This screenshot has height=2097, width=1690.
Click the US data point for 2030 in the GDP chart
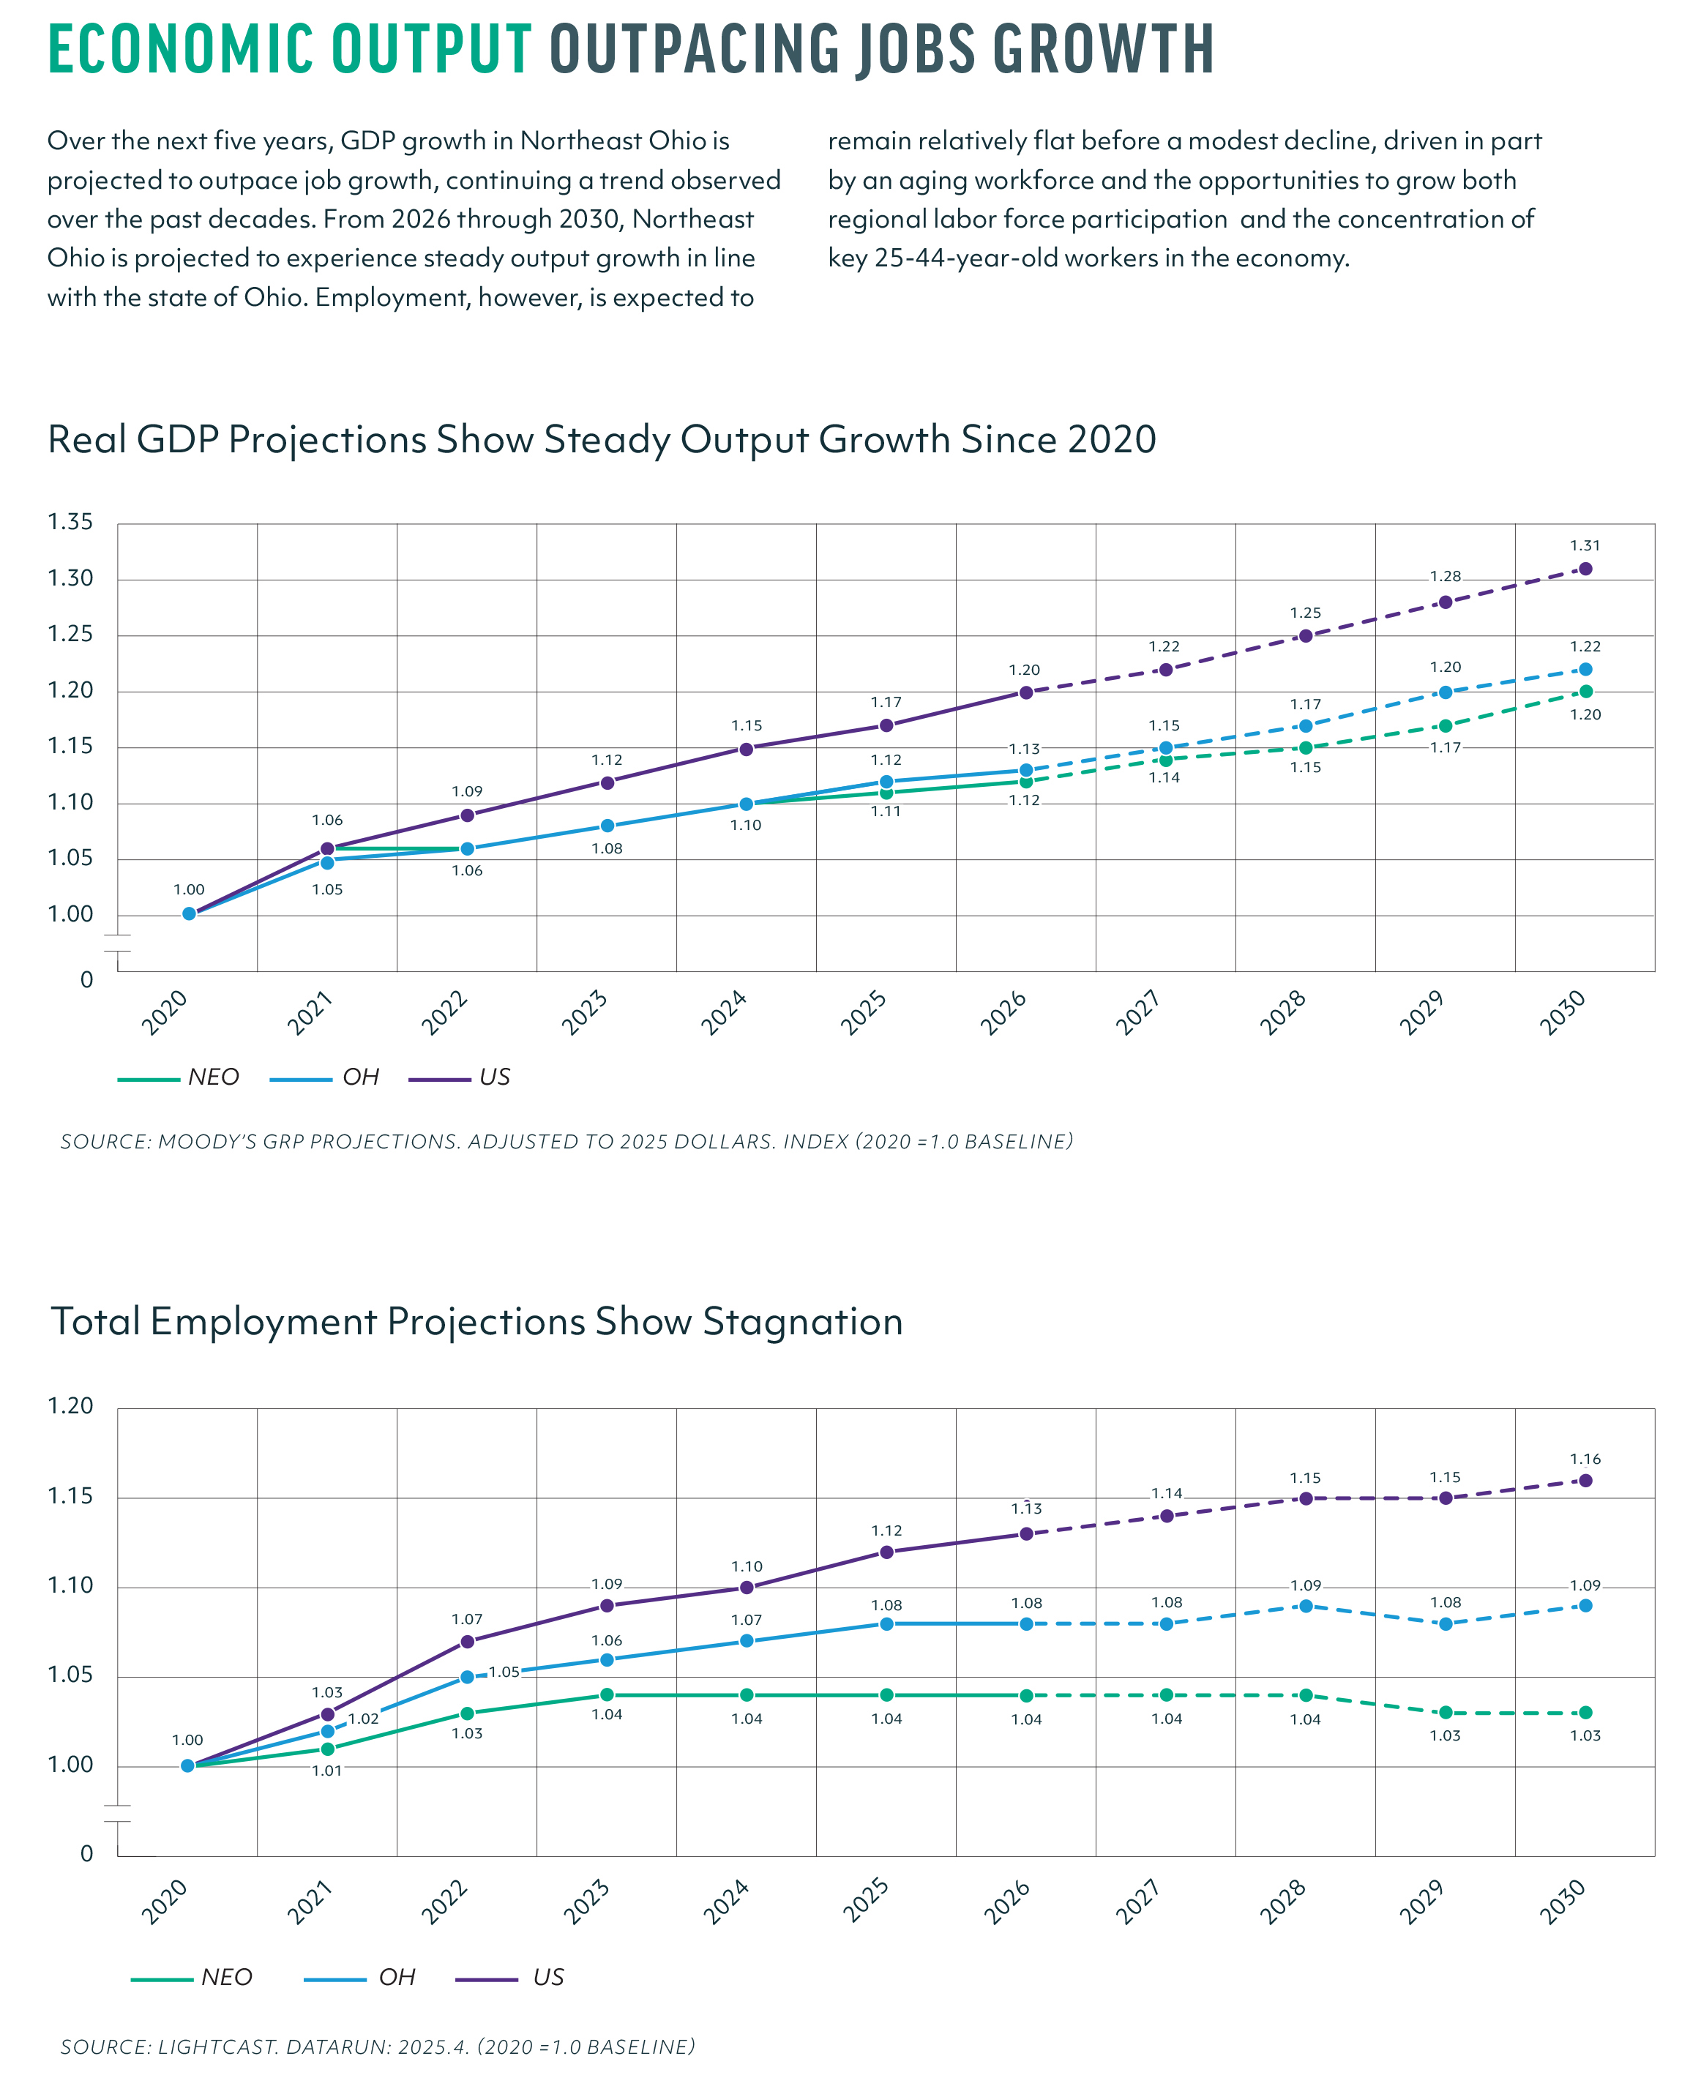[1585, 569]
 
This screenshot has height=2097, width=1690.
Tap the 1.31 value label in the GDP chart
[1585, 546]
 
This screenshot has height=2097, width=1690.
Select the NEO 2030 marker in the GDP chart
[1585, 691]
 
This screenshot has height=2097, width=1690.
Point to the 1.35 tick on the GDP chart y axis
[70, 522]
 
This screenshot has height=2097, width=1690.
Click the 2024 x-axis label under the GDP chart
[725, 1012]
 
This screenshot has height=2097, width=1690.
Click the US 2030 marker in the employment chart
[1585, 1481]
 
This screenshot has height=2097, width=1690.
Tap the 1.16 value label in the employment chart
[1585, 1458]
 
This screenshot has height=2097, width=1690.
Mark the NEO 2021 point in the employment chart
[327, 1749]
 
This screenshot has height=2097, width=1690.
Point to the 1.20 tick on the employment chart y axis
[70, 1406]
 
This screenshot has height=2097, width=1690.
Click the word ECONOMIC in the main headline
[180, 49]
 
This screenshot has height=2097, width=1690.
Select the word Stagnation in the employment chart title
[803, 1322]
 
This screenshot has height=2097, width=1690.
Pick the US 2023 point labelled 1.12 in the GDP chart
[607, 782]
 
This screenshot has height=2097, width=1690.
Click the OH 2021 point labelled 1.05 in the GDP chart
[327, 861]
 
